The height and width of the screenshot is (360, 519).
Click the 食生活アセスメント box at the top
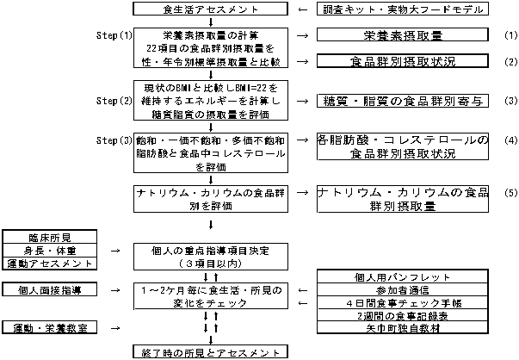209,9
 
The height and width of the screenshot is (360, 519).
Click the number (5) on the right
509,192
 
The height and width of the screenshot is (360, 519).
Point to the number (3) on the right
509,101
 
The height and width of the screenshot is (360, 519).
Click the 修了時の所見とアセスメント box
209,352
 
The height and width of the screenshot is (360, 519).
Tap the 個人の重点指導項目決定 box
209,256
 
